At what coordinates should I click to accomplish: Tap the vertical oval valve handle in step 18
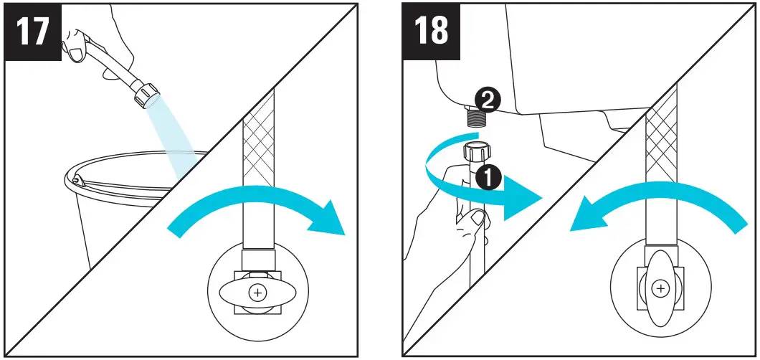(660, 287)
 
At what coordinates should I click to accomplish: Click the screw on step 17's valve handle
(256, 293)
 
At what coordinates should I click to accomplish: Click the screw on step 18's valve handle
(660, 288)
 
